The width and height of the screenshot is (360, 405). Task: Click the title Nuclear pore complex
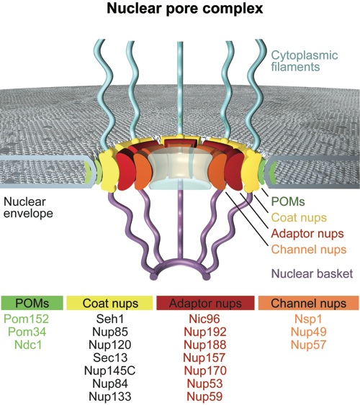click(x=185, y=9)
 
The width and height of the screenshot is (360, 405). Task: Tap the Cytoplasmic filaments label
click(x=304, y=61)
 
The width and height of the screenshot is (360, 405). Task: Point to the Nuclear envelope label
click(x=28, y=208)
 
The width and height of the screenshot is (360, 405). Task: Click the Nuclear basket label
click(x=312, y=273)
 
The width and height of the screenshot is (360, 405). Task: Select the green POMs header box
click(x=32, y=303)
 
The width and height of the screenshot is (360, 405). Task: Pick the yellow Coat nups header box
click(x=109, y=303)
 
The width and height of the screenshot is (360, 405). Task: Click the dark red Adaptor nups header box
click(x=205, y=303)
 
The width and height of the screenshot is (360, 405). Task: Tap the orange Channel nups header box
click(x=309, y=303)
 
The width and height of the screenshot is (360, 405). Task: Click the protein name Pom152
click(x=27, y=319)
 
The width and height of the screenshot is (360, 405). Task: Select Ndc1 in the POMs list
click(x=28, y=345)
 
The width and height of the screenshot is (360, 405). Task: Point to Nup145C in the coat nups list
click(x=109, y=370)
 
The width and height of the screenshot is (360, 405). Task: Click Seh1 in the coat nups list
click(x=110, y=319)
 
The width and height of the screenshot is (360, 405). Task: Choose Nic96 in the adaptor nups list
click(x=204, y=319)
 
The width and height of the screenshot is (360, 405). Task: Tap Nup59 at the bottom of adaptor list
click(x=204, y=396)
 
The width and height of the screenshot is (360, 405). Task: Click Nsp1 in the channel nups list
click(x=308, y=319)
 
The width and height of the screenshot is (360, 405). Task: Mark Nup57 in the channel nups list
click(x=309, y=345)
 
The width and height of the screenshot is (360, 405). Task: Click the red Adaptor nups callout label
click(x=307, y=234)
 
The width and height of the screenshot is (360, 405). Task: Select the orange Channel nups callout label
click(x=309, y=250)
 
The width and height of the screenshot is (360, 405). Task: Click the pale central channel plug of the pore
click(x=180, y=168)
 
